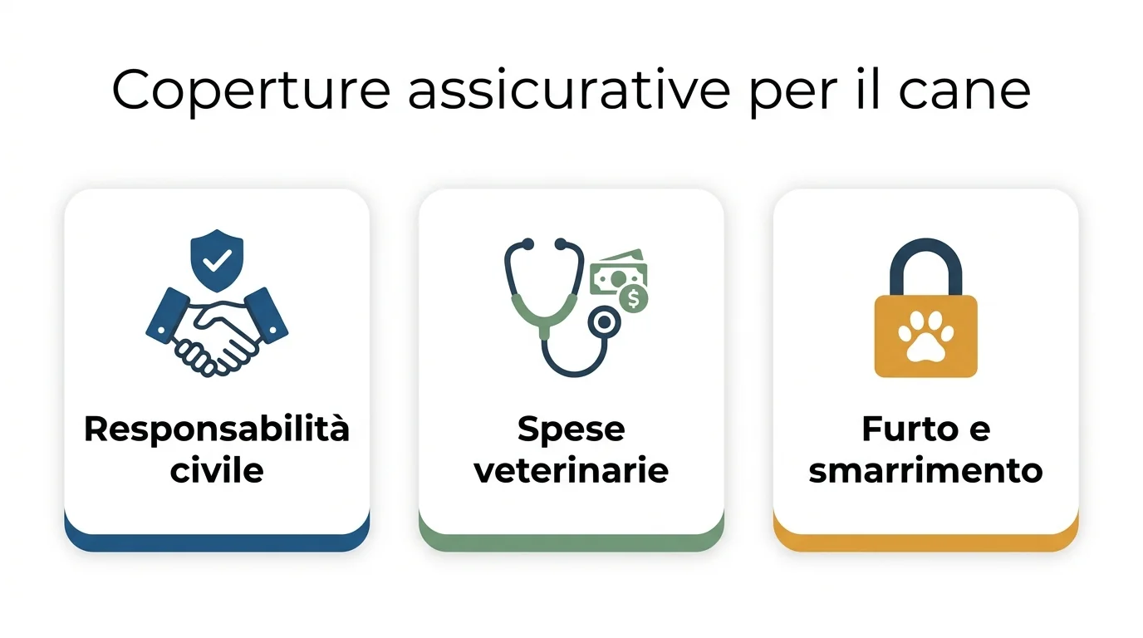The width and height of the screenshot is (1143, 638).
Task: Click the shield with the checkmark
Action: pos(217,259)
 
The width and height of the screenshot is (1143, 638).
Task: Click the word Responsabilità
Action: pos(217,429)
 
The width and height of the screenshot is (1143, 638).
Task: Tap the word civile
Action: pos(217,470)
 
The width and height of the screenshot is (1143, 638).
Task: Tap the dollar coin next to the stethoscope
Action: pos(634,298)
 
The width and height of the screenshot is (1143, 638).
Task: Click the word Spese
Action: pos(571,429)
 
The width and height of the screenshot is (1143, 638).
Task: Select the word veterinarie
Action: pos(571,470)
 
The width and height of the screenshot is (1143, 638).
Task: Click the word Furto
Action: pos(897,429)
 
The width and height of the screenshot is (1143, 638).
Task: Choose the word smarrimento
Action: pos(925,470)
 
